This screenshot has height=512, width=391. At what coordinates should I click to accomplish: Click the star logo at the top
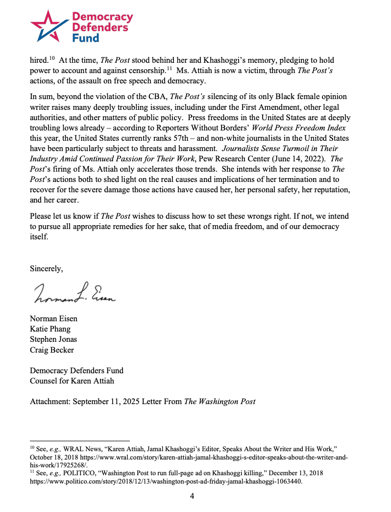[48, 26]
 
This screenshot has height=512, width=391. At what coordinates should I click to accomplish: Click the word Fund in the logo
[86, 38]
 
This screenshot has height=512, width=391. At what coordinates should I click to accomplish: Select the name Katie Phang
[50, 329]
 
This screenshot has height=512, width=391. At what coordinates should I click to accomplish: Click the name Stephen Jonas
[53, 339]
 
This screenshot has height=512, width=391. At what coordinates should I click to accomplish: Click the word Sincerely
[47, 268]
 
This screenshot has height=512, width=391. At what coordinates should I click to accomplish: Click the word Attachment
[50, 401]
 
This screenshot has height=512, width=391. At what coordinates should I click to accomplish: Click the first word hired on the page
[38, 60]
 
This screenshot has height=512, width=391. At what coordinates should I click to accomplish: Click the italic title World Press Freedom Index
[299, 128]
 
